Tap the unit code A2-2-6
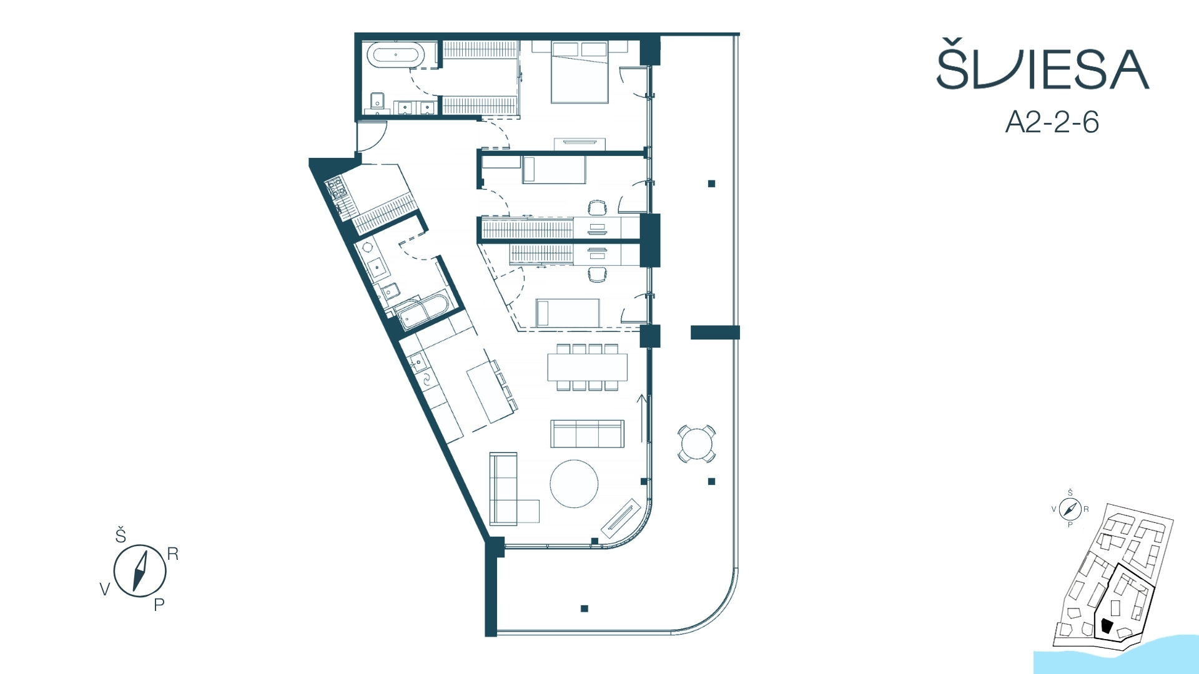(x=1052, y=122)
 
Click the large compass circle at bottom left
(x=140, y=570)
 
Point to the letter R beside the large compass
(x=173, y=554)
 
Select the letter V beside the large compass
(x=105, y=589)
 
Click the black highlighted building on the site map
(x=1107, y=626)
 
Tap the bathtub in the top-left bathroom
(x=395, y=55)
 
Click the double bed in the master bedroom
(x=580, y=72)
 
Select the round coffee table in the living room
(x=574, y=484)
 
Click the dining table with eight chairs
(x=587, y=367)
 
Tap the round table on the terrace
(x=696, y=444)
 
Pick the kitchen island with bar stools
(x=492, y=391)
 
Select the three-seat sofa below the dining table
(x=587, y=434)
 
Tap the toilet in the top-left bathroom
(x=377, y=102)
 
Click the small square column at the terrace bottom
(x=585, y=608)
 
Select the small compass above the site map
(x=1070, y=509)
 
